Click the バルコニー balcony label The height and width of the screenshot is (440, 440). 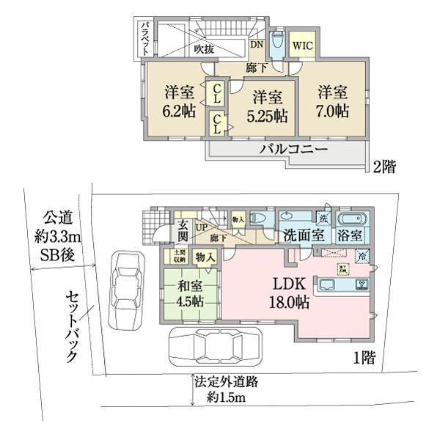293,150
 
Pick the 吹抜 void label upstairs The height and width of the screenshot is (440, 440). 205,50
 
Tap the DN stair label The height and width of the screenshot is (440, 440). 257,44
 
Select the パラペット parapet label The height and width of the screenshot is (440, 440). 145,39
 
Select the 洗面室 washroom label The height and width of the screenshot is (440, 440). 303,236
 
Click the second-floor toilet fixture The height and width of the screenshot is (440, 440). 276,45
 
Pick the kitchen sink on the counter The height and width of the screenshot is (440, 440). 324,285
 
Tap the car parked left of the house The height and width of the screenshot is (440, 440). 124,289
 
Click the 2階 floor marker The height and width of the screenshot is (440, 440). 384,166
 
